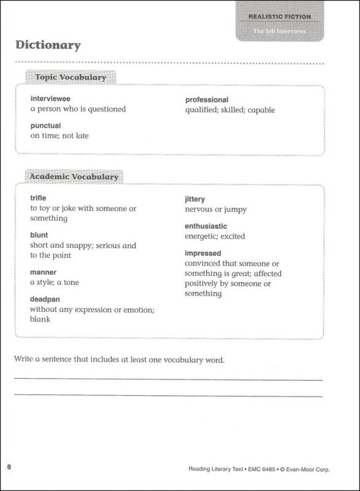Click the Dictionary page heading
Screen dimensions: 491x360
[48, 45]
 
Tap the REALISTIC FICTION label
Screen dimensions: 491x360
[280, 17]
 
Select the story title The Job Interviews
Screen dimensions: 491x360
[280, 31]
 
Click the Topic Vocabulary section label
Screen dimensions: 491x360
[71, 78]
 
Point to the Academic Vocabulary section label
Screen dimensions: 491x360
[74, 177]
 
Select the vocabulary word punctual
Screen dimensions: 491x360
[45, 126]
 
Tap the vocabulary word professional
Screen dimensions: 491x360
[206, 99]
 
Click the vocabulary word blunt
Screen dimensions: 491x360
[39, 235]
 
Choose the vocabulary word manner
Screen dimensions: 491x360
[43, 272]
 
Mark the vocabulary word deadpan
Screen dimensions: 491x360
[45, 299]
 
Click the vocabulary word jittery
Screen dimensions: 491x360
[195, 199]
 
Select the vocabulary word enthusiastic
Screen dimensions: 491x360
[206, 226]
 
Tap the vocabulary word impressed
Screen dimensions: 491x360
[203, 253]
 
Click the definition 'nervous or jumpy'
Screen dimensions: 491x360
[216, 209]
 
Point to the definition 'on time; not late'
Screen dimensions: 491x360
[60, 136]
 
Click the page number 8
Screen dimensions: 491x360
[9, 468]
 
